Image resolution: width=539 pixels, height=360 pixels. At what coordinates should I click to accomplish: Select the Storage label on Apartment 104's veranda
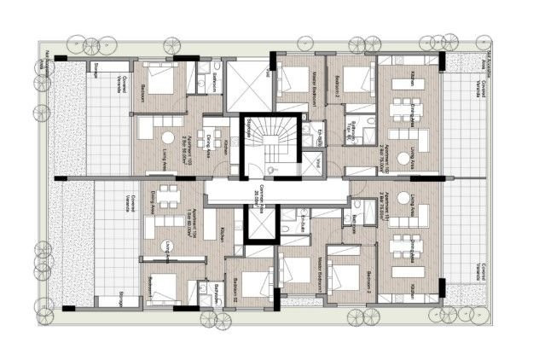[124, 294]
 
